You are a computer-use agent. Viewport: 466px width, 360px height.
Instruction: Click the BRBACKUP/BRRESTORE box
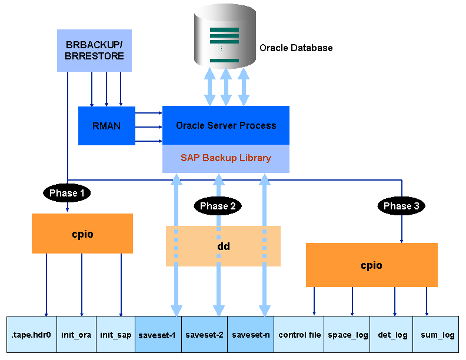tap(94, 51)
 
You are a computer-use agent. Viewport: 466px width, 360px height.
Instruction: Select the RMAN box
tap(106, 125)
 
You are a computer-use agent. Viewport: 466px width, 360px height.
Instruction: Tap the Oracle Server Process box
tap(226, 125)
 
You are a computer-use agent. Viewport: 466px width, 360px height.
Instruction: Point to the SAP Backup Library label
tap(226, 158)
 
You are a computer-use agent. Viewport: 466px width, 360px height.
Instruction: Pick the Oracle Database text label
tap(296, 48)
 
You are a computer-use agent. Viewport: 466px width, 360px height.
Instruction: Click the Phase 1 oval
tap(66, 193)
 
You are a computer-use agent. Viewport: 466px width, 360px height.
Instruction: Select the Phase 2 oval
tap(218, 206)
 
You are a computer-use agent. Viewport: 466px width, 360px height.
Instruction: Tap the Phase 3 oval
tap(401, 206)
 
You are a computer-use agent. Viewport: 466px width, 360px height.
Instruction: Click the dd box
tap(224, 246)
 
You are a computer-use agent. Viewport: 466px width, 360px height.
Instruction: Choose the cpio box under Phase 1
tap(82, 234)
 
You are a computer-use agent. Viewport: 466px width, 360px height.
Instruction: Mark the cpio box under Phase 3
tap(371, 265)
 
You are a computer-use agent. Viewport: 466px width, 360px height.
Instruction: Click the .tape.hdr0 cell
tap(32, 335)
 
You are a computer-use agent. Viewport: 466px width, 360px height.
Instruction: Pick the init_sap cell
tap(115, 335)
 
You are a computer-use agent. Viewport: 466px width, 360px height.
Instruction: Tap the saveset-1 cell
tap(158, 335)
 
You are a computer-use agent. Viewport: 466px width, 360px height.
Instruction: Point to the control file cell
tap(299, 335)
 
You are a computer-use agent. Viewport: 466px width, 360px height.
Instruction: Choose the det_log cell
tap(392, 335)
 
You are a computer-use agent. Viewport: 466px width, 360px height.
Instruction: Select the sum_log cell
tap(437, 335)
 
